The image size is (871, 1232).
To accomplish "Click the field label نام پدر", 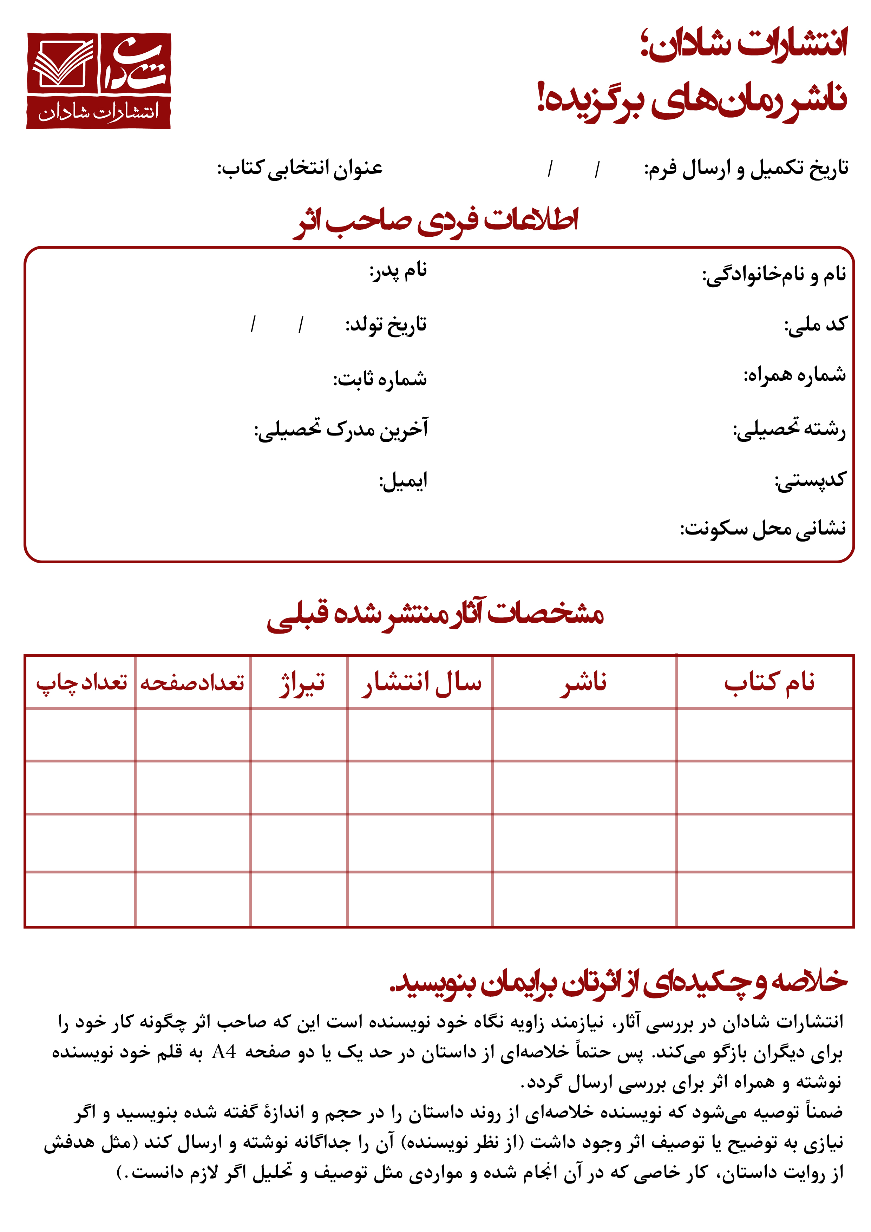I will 398,270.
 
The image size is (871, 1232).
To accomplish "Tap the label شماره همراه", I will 794,374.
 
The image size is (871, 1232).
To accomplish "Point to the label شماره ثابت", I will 380,379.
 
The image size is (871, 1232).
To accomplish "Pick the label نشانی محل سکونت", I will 763,529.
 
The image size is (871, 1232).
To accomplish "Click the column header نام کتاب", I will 769,682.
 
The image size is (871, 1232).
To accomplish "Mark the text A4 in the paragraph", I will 224,1052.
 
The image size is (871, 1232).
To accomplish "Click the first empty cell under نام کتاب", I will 765,734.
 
